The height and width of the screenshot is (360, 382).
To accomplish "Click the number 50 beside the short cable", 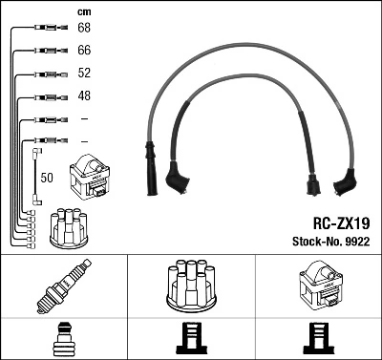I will pyautogui.click(x=46, y=179).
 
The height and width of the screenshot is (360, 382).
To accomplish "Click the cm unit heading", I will pyautogui.click(x=82, y=11).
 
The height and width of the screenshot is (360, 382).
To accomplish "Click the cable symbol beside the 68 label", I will pyautogui.click(x=45, y=29).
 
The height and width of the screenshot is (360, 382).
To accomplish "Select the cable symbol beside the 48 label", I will pyautogui.click(x=45, y=96).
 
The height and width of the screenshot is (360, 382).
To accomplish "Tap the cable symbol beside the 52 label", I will pyautogui.click(x=45, y=74).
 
